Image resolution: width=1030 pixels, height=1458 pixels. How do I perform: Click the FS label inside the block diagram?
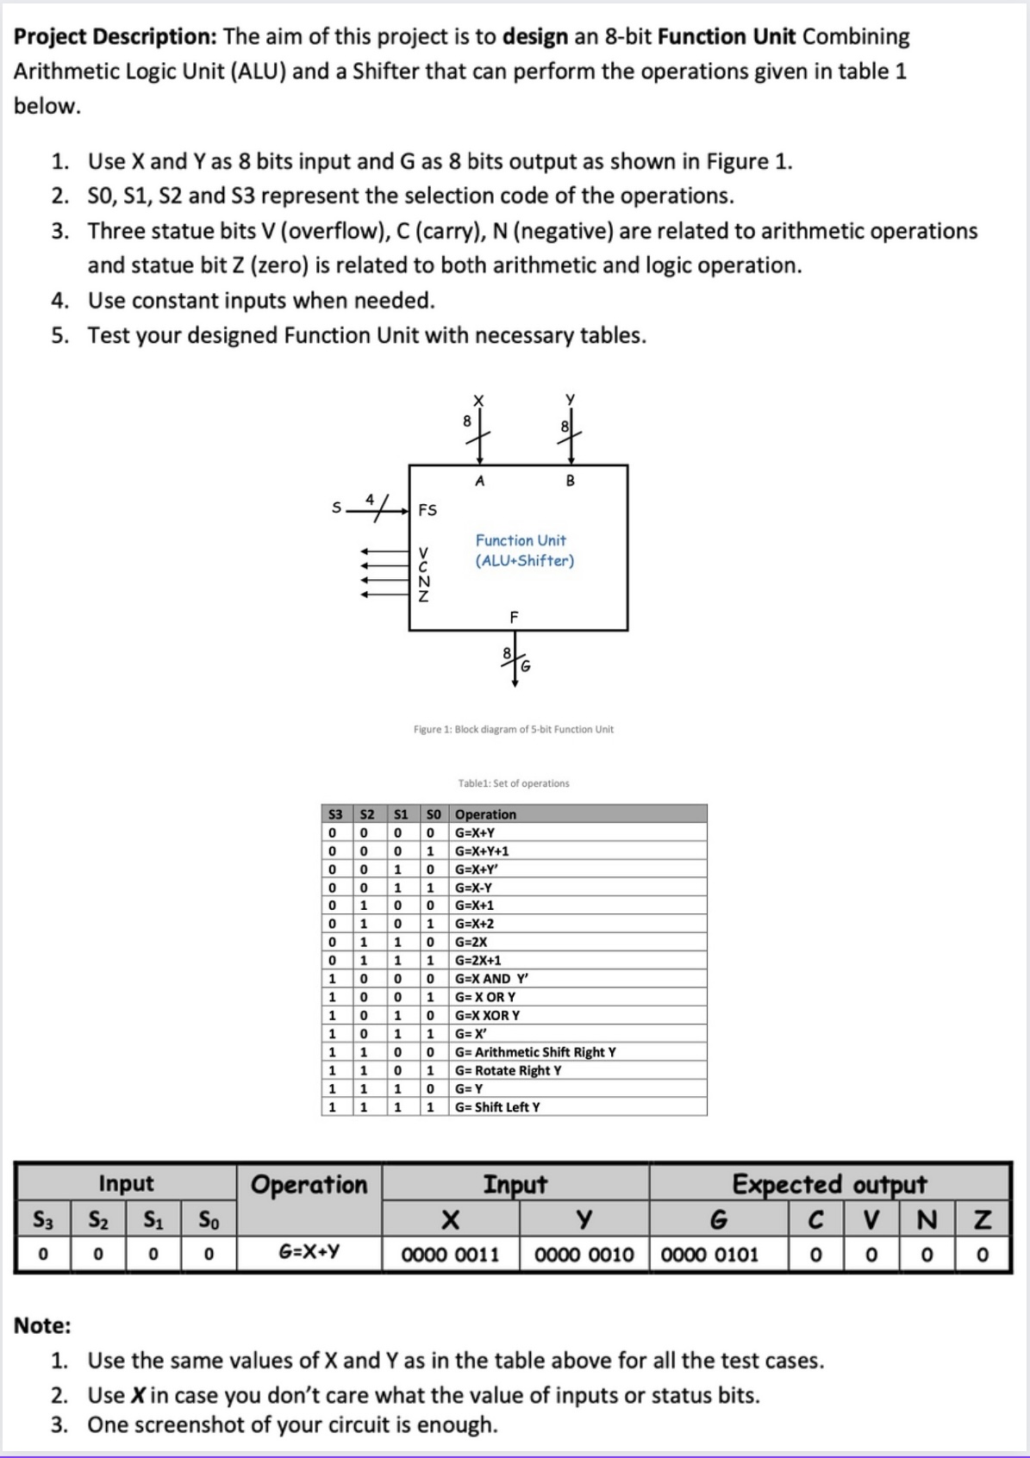(428, 510)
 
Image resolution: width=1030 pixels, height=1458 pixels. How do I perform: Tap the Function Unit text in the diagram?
(521, 540)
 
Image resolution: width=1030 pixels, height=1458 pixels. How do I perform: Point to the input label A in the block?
(480, 482)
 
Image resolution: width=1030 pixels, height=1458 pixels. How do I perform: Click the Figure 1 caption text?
(514, 729)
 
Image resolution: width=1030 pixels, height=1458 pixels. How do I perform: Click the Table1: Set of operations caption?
(514, 783)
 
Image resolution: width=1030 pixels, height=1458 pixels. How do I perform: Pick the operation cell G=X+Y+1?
(482, 851)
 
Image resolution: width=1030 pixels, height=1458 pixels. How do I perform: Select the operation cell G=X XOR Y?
(487, 1015)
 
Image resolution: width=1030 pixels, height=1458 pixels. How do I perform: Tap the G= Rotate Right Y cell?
(508, 1070)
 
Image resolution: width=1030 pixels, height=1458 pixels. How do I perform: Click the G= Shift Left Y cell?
(497, 1107)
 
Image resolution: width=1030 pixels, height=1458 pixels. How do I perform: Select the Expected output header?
(829, 1184)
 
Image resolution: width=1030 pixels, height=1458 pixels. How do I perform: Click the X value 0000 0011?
(451, 1254)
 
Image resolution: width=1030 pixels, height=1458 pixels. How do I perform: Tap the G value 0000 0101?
(710, 1254)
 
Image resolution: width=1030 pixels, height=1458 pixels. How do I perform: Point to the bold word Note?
(42, 1325)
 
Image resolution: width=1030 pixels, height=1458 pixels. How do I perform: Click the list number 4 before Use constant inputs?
(59, 301)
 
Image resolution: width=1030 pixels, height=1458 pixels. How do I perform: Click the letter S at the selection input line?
(337, 508)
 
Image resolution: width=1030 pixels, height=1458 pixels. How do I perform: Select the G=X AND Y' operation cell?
(491, 979)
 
